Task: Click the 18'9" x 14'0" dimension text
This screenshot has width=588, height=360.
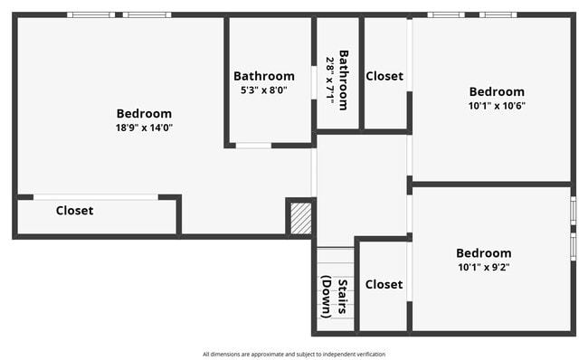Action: click(144, 128)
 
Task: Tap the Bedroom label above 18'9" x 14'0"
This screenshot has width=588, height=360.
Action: click(144, 114)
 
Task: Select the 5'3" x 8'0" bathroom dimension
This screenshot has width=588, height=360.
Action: click(263, 90)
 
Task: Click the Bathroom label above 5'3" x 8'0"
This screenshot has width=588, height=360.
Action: click(263, 76)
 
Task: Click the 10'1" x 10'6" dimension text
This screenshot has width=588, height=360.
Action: click(496, 105)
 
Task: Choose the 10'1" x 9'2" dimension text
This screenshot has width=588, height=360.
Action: click(483, 267)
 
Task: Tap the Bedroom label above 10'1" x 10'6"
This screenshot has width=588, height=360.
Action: click(496, 91)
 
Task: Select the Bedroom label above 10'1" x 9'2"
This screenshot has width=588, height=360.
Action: click(483, 253)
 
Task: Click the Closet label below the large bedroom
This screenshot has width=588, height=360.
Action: click(74, 211)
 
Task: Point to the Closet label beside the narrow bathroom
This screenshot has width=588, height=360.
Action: click(384, 76)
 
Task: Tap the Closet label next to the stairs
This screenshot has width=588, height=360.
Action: click(384, 284)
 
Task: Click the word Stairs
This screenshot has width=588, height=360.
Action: click(343, 297)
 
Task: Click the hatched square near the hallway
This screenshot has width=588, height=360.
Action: click(300, 218)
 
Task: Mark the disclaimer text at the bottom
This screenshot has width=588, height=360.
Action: click(294, 354)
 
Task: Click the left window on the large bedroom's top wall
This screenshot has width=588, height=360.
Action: click(90, 14)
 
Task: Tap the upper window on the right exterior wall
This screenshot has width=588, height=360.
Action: click(573, 209)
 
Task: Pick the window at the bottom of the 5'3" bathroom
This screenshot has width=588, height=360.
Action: click(253, 145)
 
